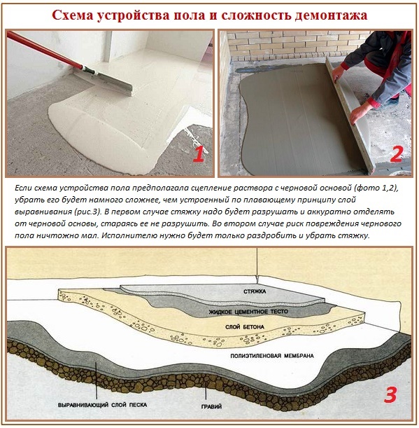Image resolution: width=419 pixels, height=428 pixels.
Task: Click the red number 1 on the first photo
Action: [198, 153]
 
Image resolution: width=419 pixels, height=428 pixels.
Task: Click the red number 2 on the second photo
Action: [396, 153]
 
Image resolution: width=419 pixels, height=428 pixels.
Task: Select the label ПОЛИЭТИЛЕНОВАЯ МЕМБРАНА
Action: [276, 356]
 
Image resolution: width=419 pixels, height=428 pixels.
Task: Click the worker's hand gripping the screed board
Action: [338, 71]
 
